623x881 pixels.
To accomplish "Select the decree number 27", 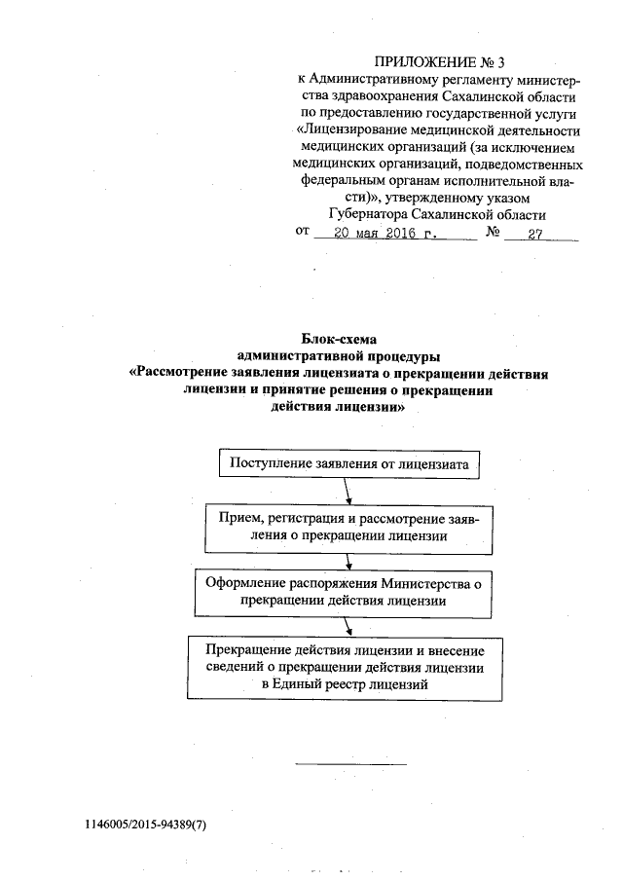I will point(534,235).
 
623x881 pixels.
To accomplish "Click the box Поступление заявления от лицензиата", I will point(349,463).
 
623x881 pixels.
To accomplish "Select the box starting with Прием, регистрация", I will point(349,527).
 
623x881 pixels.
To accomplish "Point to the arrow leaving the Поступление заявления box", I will point(348,491).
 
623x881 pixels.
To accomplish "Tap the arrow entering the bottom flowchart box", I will point(348,626).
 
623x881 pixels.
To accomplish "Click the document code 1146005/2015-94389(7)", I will point(145,825).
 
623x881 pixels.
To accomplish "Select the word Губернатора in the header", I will point(369,214).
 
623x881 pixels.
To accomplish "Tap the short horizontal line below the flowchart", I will point(349,763).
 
